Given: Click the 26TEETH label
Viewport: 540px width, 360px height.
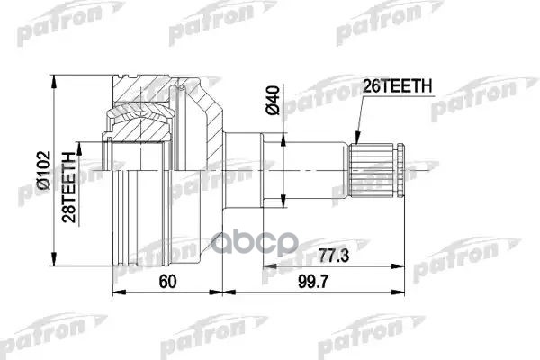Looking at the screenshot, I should pos(399,85).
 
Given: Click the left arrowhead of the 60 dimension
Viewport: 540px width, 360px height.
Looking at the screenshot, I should pos(116,292).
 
